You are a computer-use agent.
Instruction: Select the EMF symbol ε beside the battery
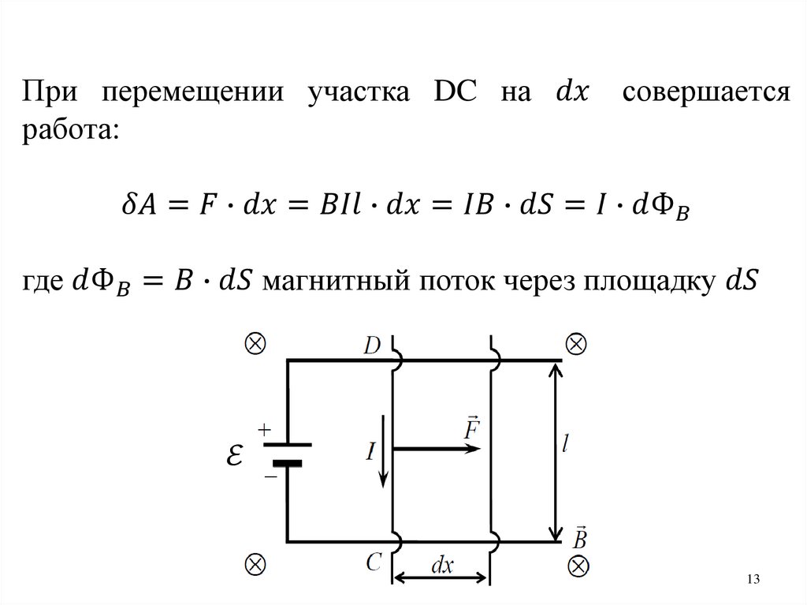coord(233,455)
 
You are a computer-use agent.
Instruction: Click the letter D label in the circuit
coord(374,344)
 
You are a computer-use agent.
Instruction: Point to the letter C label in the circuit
coord(374,561)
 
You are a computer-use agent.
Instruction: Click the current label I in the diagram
coord(369,451)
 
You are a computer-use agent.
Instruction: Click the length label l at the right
coord(566,446)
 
